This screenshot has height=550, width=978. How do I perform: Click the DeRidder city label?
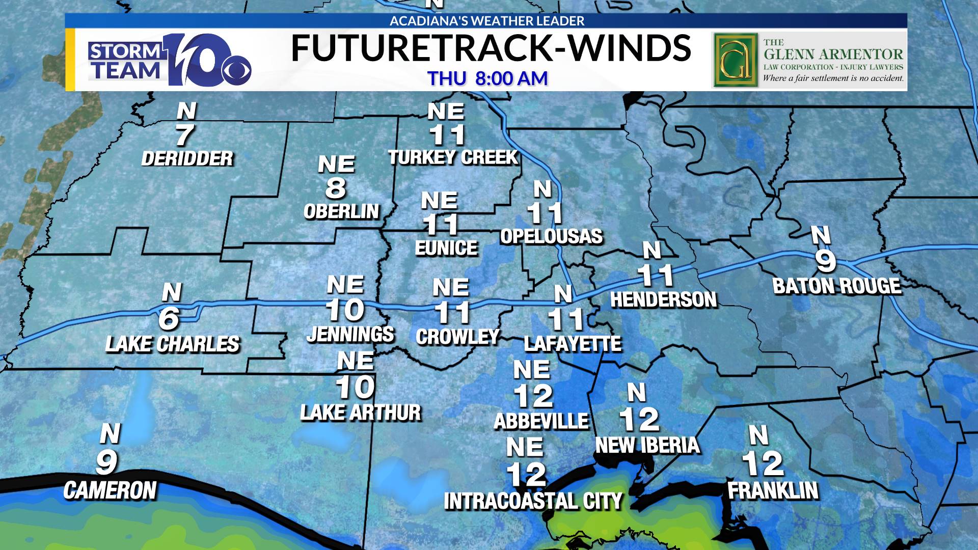(x=187, y=159)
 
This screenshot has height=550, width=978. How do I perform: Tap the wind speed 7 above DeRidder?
(x=184, y=135)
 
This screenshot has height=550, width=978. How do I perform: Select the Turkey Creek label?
(x=453, y=158)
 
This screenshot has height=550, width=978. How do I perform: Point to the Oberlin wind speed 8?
(x=336, y=188)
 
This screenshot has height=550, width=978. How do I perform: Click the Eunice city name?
(x=446, y=248)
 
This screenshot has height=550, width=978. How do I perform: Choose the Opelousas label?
(x=551, y=236)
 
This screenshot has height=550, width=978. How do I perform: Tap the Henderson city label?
(x=663, y=300)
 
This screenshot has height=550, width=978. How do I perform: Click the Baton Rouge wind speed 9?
(x=826, y=261)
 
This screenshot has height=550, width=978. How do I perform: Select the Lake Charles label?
(x=172, y=344)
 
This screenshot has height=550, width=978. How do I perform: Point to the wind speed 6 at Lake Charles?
(x=169, y=319)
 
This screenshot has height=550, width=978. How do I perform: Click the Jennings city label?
(x=350, y=334)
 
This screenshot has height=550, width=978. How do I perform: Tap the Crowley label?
(x=457, y=337)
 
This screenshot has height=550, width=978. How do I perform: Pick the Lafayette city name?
(x=573, y=344)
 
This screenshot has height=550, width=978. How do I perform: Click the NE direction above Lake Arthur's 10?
(x=355, y=362)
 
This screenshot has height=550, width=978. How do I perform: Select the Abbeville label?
(x=541, y=421)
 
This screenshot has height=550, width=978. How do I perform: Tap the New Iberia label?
(x=647, y=445)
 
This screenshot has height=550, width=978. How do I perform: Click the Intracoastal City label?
(x=533, y=501)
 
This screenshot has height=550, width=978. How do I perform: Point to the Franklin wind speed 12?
(x=763, y=463)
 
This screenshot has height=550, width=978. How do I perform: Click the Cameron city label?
(x=110, y=490)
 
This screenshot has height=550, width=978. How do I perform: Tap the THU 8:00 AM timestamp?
(x=487, y=78)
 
